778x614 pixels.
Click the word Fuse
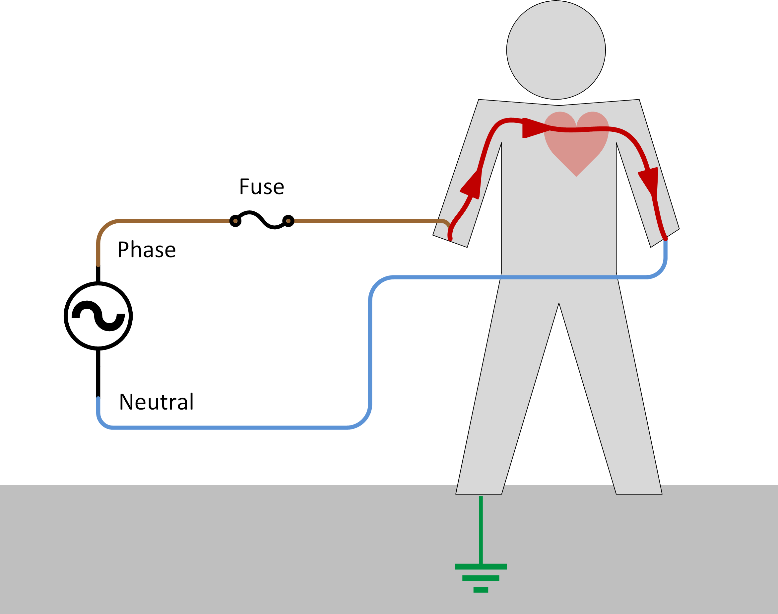(x=261, y=187)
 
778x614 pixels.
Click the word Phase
(x=147, y=250)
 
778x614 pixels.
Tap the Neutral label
(x=156, y=402)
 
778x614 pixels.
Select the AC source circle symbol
(x=98, y=316)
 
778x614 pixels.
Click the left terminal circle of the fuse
(x=235, y=221)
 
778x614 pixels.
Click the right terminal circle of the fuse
(x=288, y=221)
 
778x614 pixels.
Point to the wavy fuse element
(x=261, y=219)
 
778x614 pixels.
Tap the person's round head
(x=556, y=50)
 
